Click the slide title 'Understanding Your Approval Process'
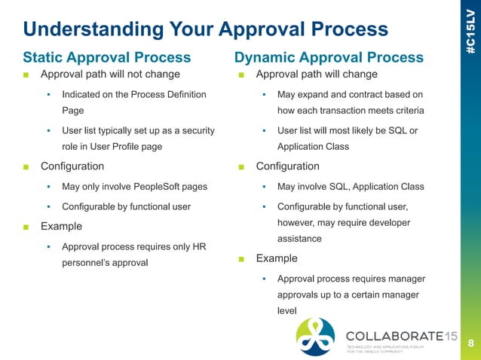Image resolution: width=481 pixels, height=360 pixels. pos(205,29)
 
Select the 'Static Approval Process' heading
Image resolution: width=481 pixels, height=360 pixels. pos(106,57)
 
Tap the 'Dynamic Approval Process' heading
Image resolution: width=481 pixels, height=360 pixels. pos(329,57)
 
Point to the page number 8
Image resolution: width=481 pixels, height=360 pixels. pos(470,343)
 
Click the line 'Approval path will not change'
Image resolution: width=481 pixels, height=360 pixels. pos(110,75)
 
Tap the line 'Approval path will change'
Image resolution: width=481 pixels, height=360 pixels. pos(317,75)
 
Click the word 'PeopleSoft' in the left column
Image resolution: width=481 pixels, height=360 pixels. pos(171,186)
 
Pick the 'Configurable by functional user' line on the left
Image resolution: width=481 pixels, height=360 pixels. pos(126,206)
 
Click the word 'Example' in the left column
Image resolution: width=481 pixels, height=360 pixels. pos(61,226)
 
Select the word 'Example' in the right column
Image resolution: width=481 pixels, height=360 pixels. pos(277,258)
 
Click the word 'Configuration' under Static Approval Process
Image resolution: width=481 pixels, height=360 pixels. pos(72,166)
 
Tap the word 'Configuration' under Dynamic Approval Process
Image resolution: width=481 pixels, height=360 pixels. pos(288,166)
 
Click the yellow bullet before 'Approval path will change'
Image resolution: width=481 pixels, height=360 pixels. pos(241,75)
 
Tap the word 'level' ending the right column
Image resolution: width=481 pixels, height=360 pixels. pos(289,309)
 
